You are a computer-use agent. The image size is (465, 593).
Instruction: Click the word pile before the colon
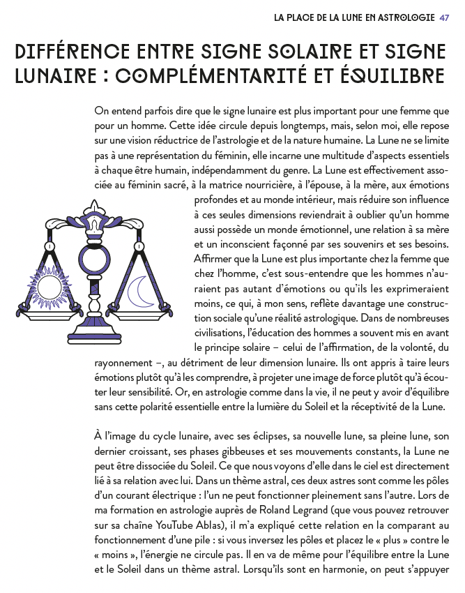(x=231, y=539)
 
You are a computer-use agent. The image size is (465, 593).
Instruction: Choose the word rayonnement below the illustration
(x=122, y=362)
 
